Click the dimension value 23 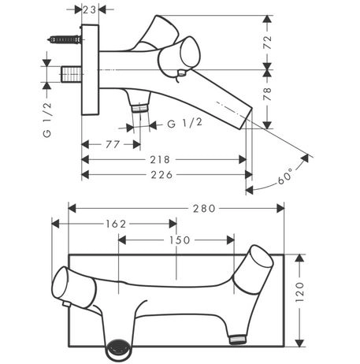click(90, 10)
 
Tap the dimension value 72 click(267, 42)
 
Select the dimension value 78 click(267, 94)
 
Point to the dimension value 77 click(113, 144)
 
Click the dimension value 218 click(160, 159)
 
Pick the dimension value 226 click(161, 175)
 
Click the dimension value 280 click(204, 209)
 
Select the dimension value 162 click(116, 224)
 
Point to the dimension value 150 click(180, 240)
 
